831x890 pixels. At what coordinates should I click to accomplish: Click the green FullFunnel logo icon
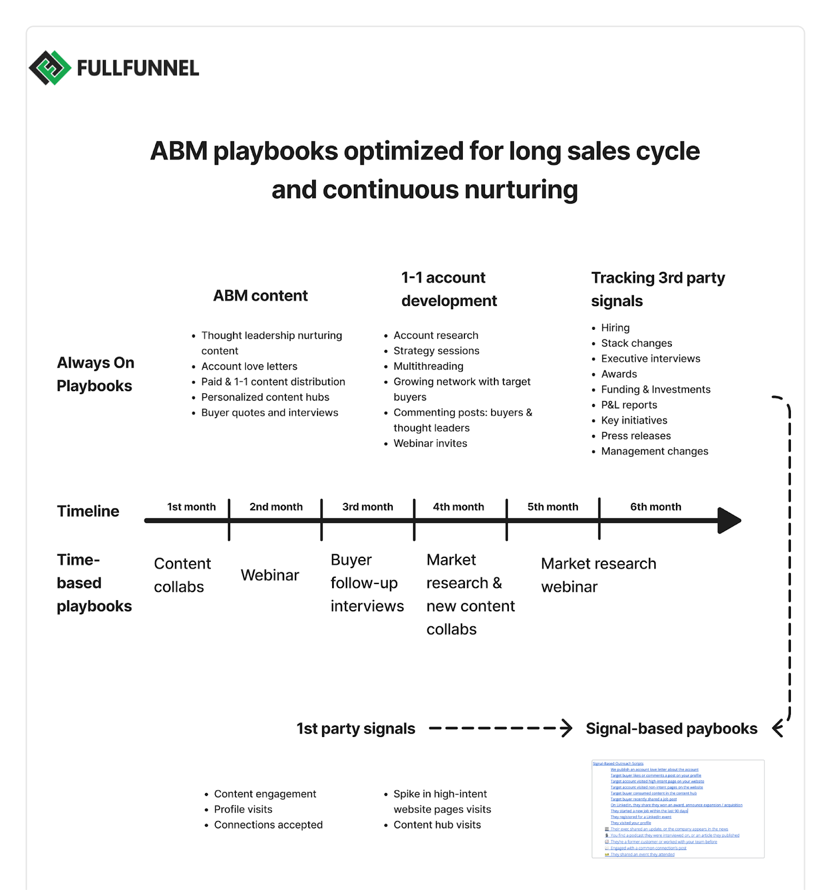click(50, 68)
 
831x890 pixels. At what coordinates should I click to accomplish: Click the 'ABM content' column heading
click(260, 296)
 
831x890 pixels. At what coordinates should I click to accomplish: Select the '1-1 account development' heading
click(449, 289)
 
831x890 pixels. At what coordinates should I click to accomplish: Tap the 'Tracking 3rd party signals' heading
click(657, 289)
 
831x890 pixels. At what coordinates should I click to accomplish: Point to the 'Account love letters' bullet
click(249, 367)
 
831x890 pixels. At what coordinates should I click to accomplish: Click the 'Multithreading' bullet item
click(428, 367)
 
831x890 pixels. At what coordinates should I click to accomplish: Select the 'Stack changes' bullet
click(636, 343)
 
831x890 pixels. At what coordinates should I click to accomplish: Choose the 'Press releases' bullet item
click(636, 436)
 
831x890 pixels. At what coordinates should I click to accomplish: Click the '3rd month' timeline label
click(368, 507)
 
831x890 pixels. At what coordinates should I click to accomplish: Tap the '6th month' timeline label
click(655, 507)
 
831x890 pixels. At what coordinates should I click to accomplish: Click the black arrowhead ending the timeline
click(729, 521)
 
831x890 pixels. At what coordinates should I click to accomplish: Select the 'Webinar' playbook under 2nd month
click(270, 575)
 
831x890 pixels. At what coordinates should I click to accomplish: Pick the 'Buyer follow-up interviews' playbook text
click(367, 583)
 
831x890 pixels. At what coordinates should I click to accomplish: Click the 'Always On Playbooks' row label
click(95, 374)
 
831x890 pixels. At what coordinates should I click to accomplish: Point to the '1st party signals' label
click(355, 729)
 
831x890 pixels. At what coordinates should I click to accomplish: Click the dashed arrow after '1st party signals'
click(501, 728)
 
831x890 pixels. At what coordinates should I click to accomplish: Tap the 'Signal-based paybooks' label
click(671, 729)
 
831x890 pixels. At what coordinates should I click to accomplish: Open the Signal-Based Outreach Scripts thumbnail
click(677, 809)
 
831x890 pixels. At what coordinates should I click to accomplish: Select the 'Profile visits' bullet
click(243, 809)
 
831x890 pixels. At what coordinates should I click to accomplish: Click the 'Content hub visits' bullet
click(437, 825)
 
